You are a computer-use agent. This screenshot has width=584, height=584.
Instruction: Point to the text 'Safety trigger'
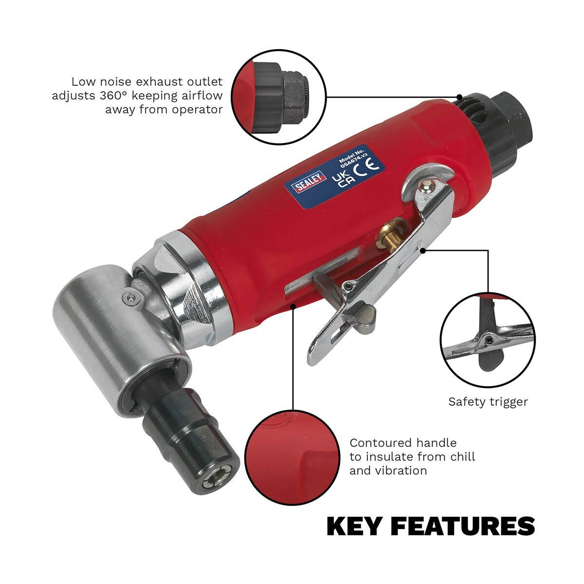[488, 402]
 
